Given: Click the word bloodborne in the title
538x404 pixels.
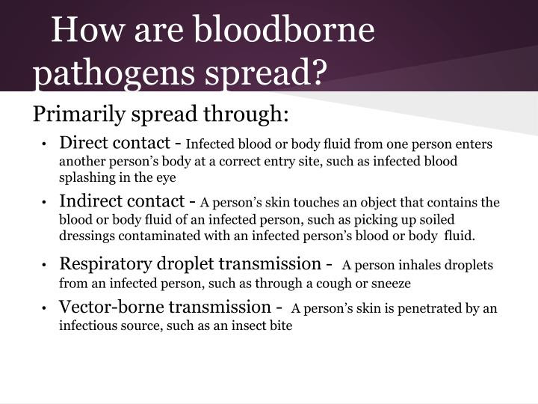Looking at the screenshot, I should [284, 32].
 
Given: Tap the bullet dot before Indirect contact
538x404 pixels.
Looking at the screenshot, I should [46, 203].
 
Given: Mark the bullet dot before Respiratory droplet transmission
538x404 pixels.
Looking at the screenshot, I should [46, 266].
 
